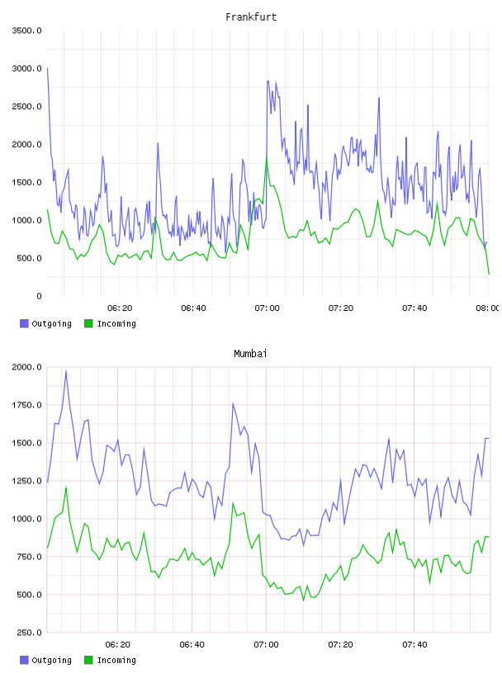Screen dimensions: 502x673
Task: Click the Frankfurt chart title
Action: [x=251, y=17]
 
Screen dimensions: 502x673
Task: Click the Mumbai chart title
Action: [x=250, y=354]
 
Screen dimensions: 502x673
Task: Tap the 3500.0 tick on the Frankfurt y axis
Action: [x=26, y=31]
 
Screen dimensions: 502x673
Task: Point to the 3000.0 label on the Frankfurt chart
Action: [x=26, y=68]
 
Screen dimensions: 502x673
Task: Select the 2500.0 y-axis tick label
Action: [x=26, y=106]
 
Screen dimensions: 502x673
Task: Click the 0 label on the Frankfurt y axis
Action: [x=39, y=296]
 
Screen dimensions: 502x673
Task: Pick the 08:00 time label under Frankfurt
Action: [x=487, y=308]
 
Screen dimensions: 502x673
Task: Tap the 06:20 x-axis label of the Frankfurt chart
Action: [x=120, y=308]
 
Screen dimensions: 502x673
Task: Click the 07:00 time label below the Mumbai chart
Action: [x=266, y=645]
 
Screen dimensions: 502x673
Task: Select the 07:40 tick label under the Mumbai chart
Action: [x=414, y=645]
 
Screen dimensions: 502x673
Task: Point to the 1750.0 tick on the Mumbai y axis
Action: [x=26, y=405]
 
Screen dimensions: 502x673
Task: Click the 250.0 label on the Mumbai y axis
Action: [x=29, y=633]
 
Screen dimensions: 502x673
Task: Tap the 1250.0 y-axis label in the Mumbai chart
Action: [x=26, y=481]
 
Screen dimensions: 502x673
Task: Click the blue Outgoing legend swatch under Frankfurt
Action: [x=24, y=323]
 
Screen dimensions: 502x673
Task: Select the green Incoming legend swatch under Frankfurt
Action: [x=88, y=323]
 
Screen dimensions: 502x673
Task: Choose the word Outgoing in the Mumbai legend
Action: [x=51, y=660]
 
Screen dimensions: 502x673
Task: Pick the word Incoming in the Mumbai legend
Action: [x=116, y=660]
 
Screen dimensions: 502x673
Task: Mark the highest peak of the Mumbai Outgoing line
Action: [x=66, y=371]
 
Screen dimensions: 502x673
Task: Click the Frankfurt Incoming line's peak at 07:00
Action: [x=267, y=158]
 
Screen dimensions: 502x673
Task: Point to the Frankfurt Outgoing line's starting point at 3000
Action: [x=47, y=68]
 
